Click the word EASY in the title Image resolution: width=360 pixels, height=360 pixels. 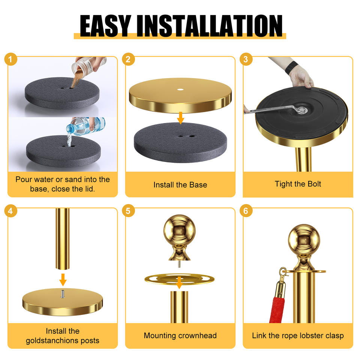point(105,26)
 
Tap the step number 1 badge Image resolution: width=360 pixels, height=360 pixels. point(10,59)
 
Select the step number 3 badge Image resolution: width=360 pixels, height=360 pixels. point(246,59)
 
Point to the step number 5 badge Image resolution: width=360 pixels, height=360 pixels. point(128,211)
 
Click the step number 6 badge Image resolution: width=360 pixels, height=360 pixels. point(246,211)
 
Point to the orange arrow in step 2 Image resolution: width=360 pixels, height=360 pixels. point(181,118)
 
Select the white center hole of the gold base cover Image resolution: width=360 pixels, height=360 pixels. point(180,89)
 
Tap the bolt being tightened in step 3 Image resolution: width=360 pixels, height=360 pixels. point(301,109)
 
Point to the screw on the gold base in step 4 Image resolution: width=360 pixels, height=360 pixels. point(63,294)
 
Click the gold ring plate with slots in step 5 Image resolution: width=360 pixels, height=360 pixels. point(180,279)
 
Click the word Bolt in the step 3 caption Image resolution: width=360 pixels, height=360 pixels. point(313,184)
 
